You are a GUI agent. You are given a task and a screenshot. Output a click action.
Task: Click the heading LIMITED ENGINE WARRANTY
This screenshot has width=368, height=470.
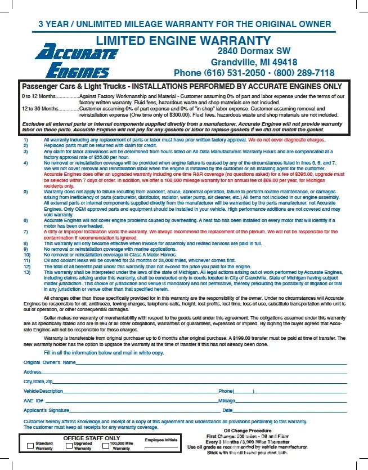[x=183, y=41]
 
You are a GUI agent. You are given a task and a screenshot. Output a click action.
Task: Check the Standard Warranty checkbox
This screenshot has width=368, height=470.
[x=30, y=445]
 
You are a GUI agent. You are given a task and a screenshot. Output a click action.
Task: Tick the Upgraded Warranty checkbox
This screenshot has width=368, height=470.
[x=67, y=445]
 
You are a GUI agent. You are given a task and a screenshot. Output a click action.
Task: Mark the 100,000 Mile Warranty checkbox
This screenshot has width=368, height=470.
[x=106, y=445]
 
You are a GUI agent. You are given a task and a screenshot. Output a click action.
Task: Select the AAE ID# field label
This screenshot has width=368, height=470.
[x=33, y=401]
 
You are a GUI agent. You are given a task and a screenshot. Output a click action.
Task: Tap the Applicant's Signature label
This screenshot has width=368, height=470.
[x=46, y=410]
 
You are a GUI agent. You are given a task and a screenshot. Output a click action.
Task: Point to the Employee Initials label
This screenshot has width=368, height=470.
[x=161, y=440]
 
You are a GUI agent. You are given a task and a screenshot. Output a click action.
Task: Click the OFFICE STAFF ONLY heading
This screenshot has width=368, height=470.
[x=91, y=438]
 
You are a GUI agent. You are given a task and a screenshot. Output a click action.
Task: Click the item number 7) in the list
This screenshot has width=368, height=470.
[x=25, y=232]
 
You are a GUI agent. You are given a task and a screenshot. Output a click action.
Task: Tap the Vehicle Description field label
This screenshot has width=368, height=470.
[x=43, y=391]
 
